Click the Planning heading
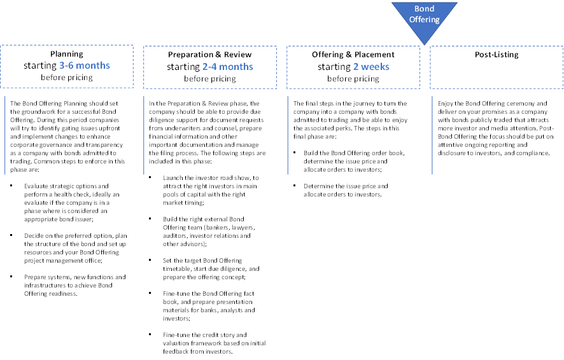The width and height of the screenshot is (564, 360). coord(67,54)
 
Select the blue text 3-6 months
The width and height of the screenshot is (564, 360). coord(85,66)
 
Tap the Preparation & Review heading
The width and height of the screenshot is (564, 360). coord(209,55)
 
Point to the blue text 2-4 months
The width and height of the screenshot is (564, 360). coord(228,67)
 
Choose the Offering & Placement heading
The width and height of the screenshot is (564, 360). coord(353,55)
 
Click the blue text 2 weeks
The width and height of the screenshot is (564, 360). coord(371,67)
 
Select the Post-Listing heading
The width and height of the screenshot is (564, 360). coord(497,55)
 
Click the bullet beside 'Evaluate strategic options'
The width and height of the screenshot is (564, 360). coord(11,186)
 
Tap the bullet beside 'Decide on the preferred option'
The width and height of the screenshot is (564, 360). coord(11,235)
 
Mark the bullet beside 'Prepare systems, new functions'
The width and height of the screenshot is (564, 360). coord(11,277)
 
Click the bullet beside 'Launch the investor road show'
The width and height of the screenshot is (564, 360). coord(150,177)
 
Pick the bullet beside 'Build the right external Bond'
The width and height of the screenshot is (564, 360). coord(150,219)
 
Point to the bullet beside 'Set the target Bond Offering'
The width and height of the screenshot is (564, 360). coord(150,260)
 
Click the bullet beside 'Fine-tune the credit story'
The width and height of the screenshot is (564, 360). coord(150,335)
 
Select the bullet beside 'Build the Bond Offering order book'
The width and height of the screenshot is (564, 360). coord(295,153)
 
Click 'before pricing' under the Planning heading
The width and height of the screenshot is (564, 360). coord(67,77)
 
